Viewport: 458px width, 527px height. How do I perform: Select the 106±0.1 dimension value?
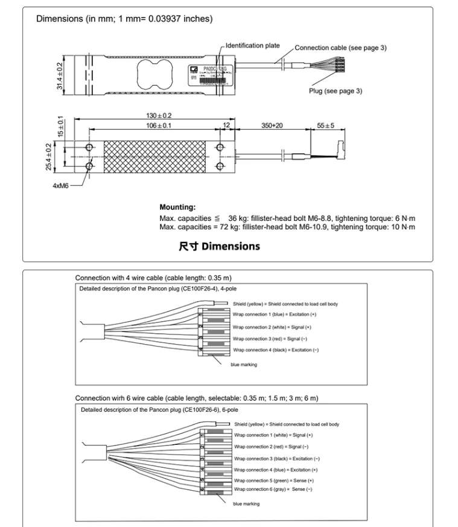click(x=154, y=125)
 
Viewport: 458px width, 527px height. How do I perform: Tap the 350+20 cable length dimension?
click(x=272, y=125)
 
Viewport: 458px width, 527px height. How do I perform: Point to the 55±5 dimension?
click(x=325, y=125)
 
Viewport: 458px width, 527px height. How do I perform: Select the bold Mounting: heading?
click(x=177, y=207)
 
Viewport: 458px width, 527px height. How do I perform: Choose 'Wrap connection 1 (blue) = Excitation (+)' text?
click(x=274, y=315)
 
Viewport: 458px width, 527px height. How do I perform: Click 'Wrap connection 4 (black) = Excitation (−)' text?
click(x=276, y=350)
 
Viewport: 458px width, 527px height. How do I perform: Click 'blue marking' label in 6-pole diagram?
click(x=246, y=503)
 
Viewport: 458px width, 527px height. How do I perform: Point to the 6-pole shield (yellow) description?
click(x=287, y=424)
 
